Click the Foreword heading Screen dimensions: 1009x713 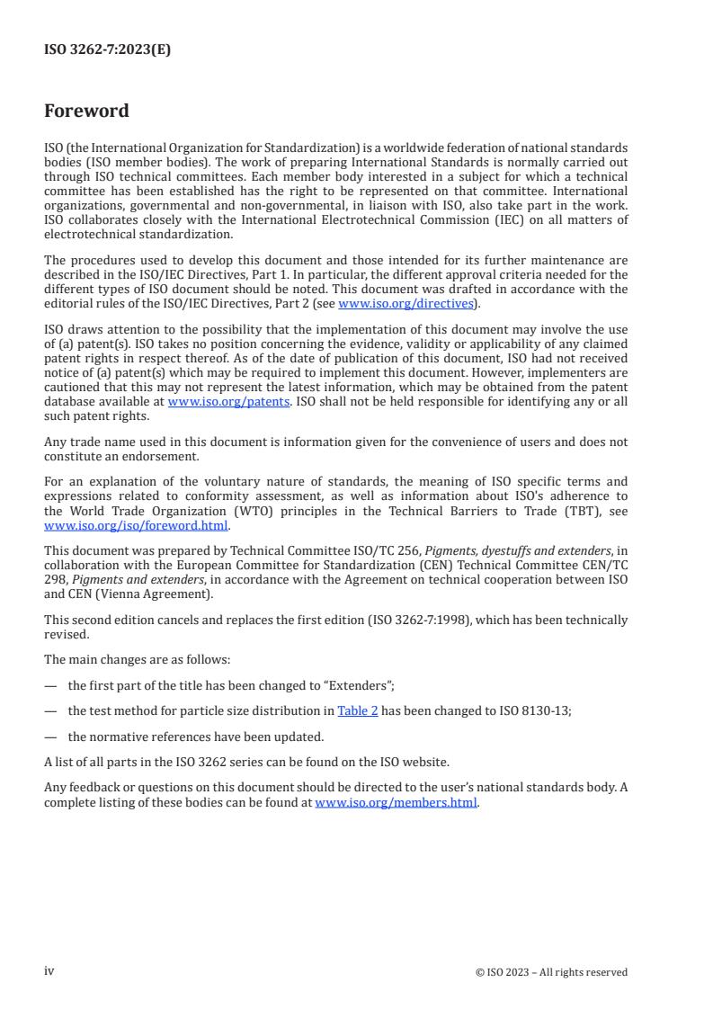[86, 112]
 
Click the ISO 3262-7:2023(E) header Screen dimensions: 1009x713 [107, 50]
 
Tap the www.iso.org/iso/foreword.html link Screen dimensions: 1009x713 [137, 526]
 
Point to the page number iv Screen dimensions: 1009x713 [49, 971]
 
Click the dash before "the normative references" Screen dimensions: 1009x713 [49, 737]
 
